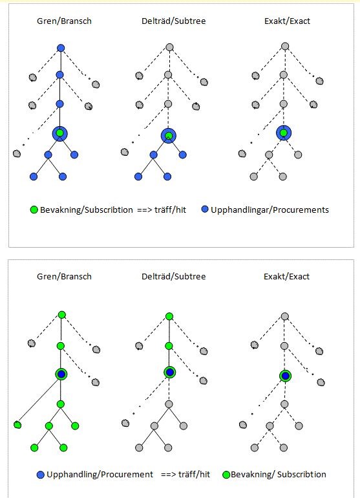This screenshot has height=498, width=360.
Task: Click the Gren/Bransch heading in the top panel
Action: pos(64,21)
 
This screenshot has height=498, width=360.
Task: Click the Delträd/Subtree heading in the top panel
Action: pos(173,21)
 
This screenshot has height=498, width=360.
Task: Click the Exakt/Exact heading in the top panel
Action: pos(287,21)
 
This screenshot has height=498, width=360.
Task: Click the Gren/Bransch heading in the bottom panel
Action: pos(64,277)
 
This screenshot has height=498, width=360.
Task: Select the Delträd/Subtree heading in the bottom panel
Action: pos(173,277)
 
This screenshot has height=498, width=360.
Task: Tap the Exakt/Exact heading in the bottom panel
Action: pos(286,277)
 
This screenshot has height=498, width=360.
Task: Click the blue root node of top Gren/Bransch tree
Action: pos(61,48)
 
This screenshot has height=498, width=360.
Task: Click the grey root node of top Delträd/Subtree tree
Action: pos(169,47)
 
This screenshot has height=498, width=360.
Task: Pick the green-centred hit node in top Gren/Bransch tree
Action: pos(60,133)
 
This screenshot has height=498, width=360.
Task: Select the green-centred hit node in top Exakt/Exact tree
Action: pos(284,133)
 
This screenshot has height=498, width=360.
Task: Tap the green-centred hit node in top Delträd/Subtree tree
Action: pos(169,136)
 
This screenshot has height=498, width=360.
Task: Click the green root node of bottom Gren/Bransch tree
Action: pos(62,315)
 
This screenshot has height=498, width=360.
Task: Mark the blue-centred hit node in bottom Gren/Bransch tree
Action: pos(61,374)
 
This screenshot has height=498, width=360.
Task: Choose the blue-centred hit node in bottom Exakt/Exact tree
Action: pos(286,376)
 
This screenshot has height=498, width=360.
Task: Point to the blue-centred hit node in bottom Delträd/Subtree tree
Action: pos(170,373)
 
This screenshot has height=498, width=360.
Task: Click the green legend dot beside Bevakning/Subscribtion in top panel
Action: pos(34,210)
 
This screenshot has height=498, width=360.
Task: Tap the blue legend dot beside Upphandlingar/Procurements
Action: pos(205,209)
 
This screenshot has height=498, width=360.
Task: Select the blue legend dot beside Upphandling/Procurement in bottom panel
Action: pos(40,475)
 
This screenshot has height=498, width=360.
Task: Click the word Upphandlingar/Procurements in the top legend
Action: pos(270,210)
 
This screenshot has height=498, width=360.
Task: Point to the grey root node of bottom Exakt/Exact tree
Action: pos(285,316)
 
